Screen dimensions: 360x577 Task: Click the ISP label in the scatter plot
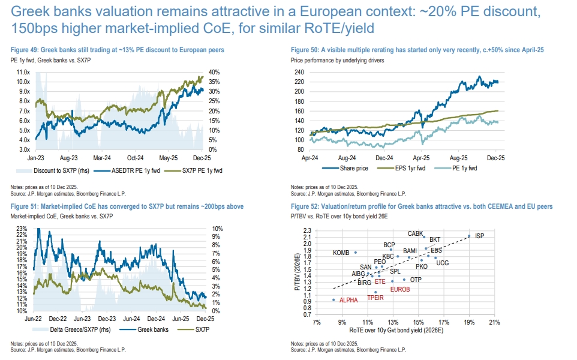(480, 236)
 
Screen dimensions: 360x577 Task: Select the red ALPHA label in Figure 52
(349, 299)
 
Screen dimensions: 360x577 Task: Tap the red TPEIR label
(375, 298)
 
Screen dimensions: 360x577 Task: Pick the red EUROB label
(400, 289)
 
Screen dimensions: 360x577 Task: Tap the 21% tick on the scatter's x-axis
(494, 322)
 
